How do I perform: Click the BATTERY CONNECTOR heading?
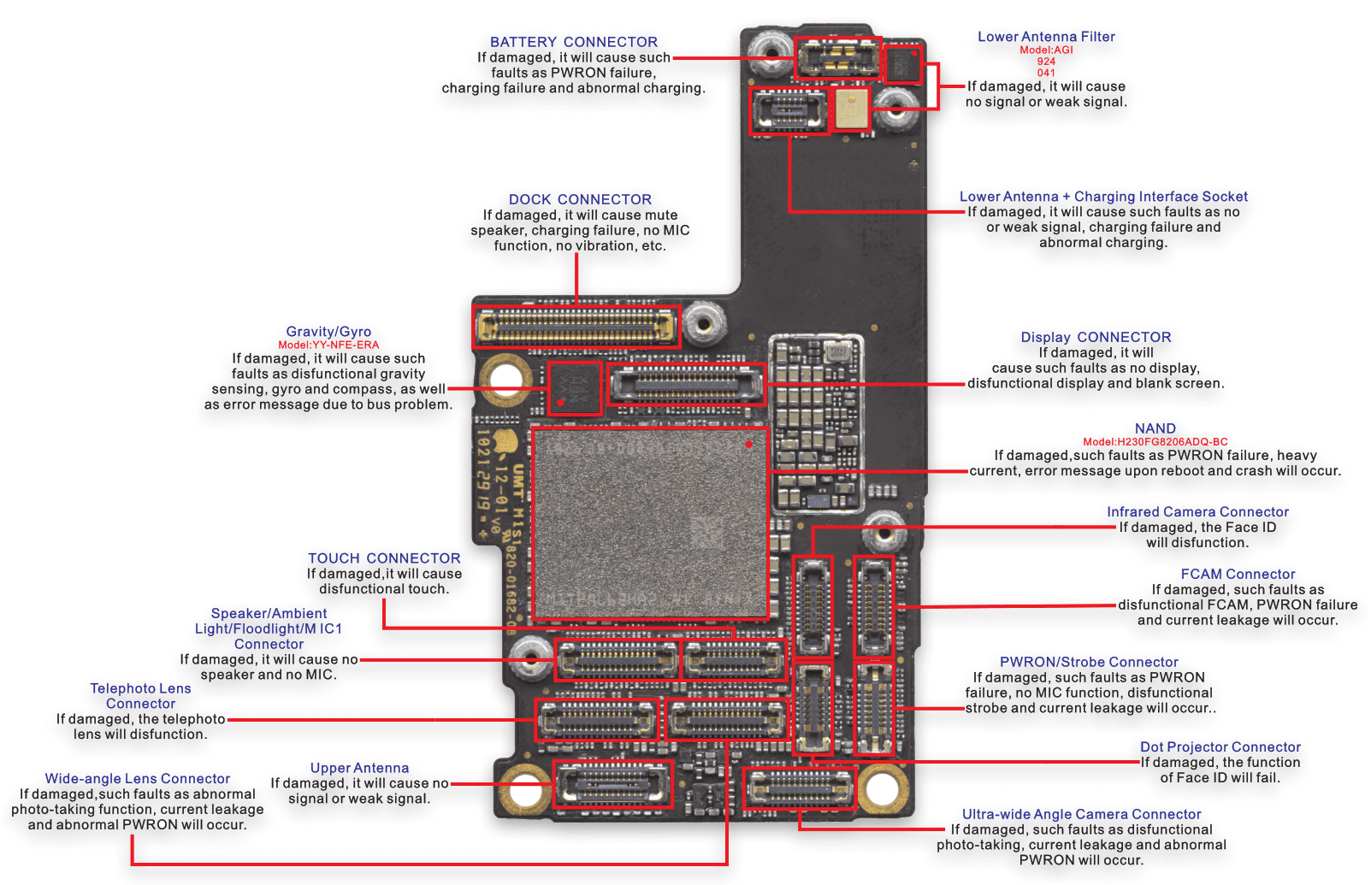[x=573, y=42]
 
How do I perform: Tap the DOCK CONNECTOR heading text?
[x=580, y=199]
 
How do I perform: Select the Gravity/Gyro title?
[x=328, y=332]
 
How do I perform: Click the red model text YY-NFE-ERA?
[x=328, y=345]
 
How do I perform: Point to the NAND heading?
[x=1155, y=428]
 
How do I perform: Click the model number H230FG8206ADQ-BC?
[x=1155, y=442]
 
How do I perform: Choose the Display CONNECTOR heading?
[x=1096, y=337]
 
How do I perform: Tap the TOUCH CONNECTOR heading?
[x=384, y=558]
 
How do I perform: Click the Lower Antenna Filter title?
[x=1046, y=37]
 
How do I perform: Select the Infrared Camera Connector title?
[x=1197, y=511]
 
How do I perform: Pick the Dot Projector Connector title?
[x=1220, y=747]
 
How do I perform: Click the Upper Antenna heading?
[x=359, y=768]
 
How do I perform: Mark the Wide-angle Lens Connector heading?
[x=138, y=779]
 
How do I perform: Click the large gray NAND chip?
[x=650, y=523]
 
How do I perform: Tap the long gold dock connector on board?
[x=576, y=326]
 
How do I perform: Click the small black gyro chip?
[x=574, y=388]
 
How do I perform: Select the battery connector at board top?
[x=836, y=58]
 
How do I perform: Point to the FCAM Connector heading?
[x=1238, y=575]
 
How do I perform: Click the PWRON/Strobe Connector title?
[x=1089, y=662]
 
